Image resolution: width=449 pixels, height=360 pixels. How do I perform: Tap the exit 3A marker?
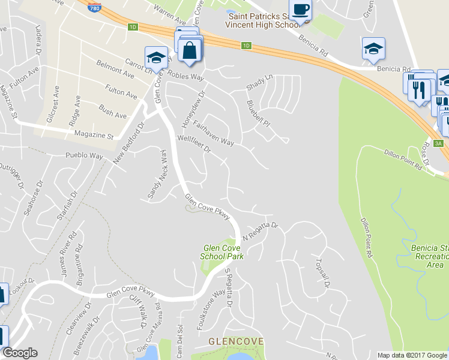[438, 143]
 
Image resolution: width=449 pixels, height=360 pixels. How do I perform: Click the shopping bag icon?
[190, 52]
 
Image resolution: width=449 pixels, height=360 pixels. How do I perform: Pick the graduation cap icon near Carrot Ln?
[156, 58]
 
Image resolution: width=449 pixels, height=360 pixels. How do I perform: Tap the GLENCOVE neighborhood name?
[236, 341]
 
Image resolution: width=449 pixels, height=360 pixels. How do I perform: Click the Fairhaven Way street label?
[214, 134]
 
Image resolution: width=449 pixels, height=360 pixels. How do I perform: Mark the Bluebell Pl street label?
[259, 112]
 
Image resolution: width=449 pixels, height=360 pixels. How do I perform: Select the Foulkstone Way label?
[211, 309]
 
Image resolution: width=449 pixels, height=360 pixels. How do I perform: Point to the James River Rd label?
[68, 254]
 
